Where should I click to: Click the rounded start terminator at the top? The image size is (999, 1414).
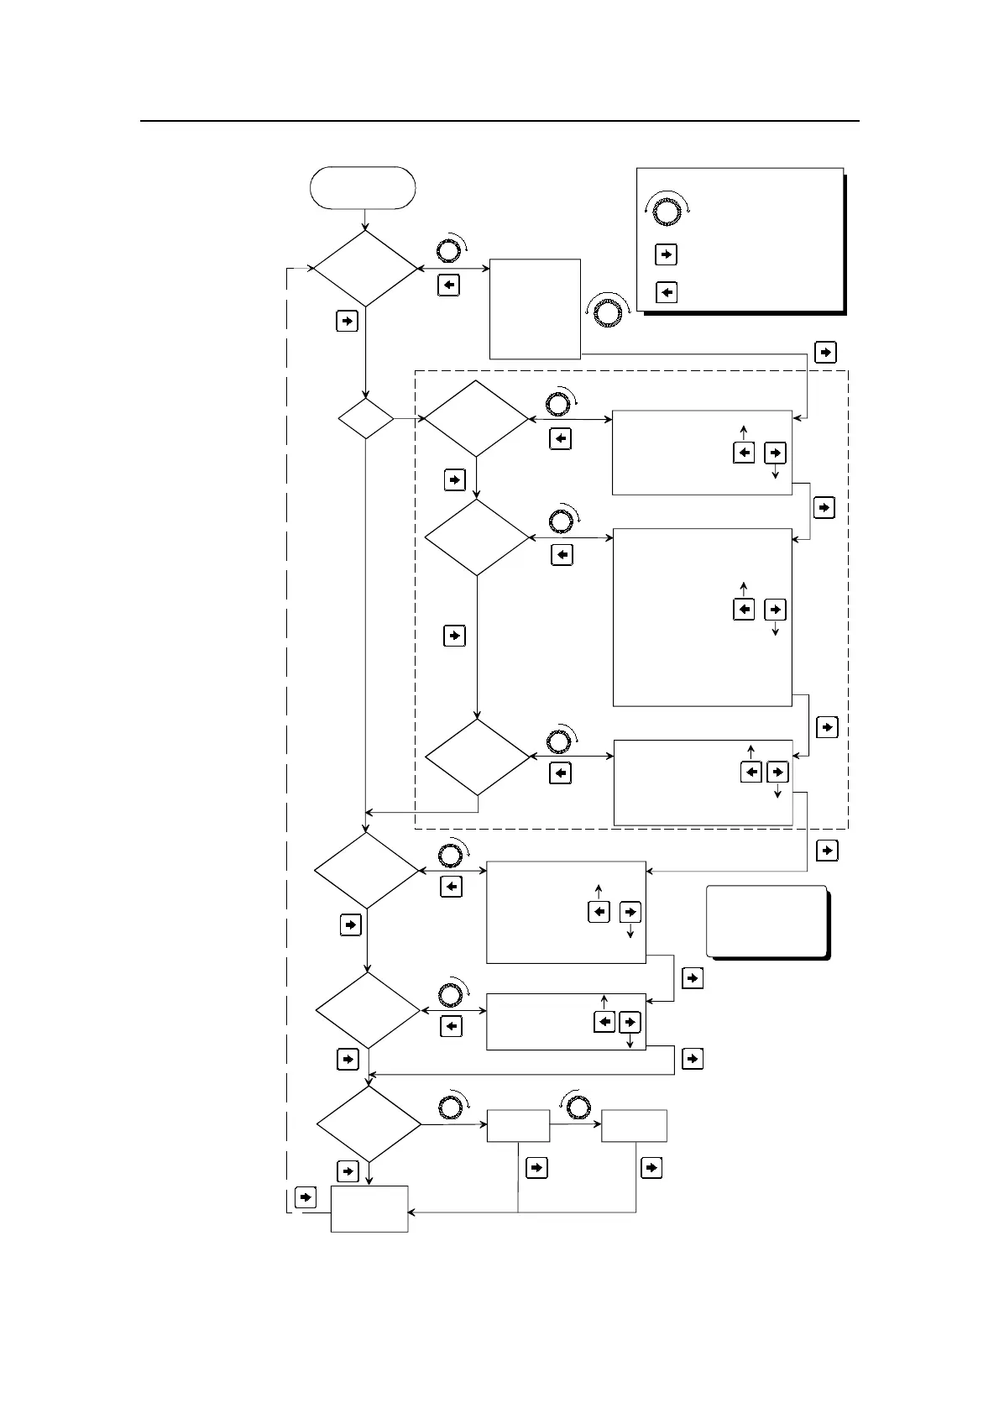(x=363, y=187)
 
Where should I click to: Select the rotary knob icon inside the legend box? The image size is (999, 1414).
(x=667, y=211)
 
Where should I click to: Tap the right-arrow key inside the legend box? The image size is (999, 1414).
(x=666, y=254)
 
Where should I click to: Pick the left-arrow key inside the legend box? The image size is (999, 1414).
(x=666, y=292)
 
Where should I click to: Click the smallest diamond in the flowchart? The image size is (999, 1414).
(x=365, y=418)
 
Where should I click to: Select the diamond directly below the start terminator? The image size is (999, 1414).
(x=365, y=269)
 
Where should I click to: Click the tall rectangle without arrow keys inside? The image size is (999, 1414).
(x=535, y=308)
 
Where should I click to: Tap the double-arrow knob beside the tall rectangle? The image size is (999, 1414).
(x=607, y=311)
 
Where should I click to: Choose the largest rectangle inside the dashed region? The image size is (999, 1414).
(x=703, y=617)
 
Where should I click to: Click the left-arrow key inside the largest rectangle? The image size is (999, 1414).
(x=744, y=609)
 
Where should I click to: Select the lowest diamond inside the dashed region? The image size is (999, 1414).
(x=477, y=757)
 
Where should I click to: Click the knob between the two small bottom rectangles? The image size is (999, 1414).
(x=578, y=1108)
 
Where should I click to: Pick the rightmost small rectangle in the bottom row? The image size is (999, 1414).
(x=634, y=1125)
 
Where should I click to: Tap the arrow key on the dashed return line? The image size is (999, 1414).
(x=306, y=1197)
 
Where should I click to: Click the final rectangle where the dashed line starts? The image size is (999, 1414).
(x=369, y=1208)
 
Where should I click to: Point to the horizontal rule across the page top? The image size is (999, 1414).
(x=499, y=121)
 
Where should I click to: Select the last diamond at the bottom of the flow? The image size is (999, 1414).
(x=369, y=1124)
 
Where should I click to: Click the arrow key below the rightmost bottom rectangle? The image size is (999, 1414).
(x=651, y=1167)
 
